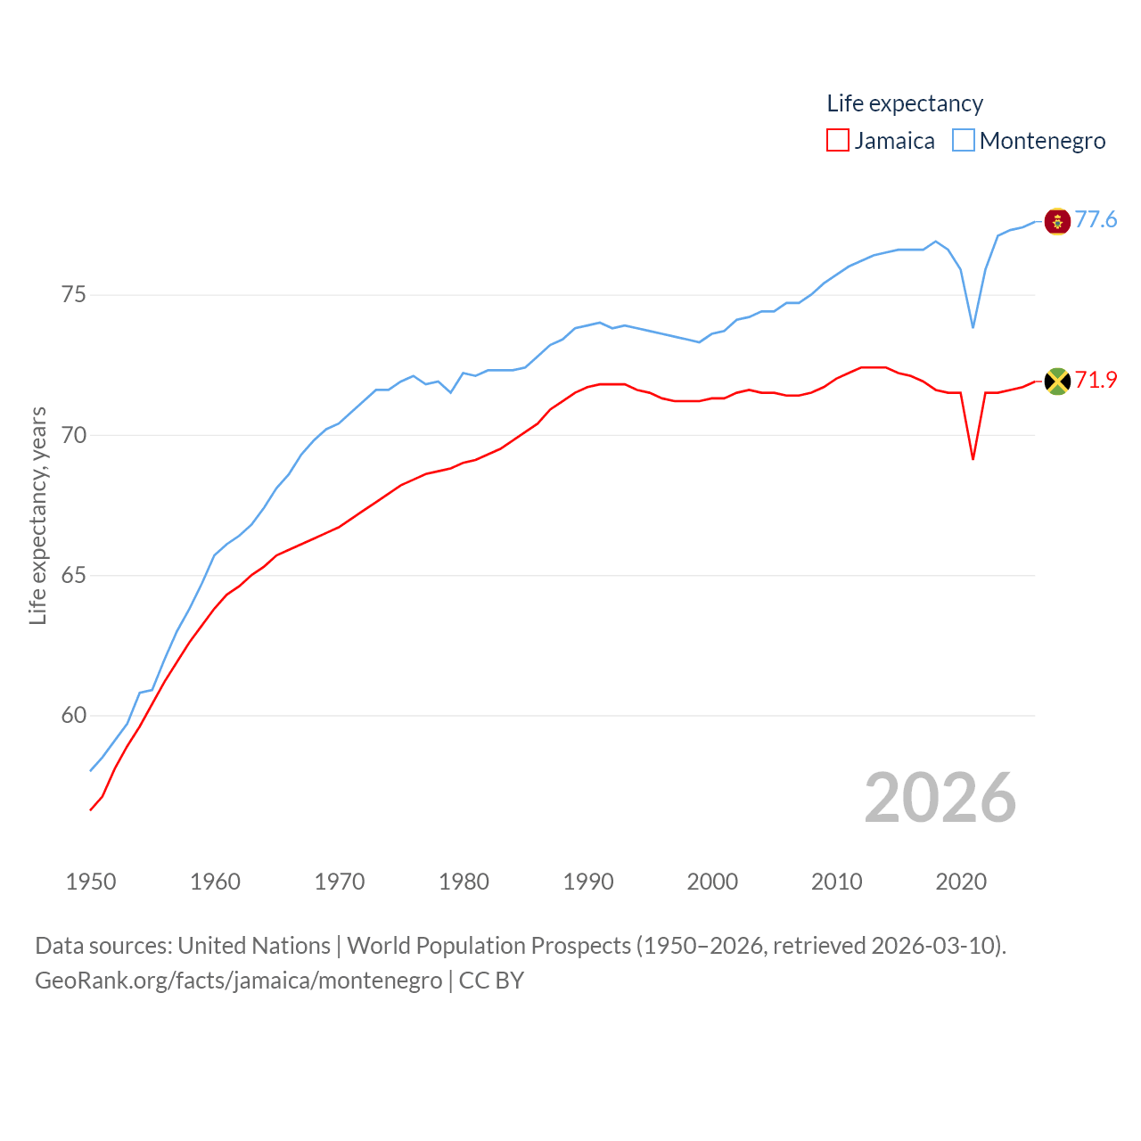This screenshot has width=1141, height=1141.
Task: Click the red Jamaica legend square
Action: [x=838, y=141]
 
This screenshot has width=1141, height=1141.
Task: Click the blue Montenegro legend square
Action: [x=964, y=141]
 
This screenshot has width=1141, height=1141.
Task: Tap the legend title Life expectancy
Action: [x=905, y=103]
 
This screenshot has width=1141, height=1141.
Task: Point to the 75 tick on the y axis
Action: [x=74, y=295]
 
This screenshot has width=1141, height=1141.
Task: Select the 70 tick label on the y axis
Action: [x=74, y=435]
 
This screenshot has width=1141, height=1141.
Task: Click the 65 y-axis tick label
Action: [x=74, y=575]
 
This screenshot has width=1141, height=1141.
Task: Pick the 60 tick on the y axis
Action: [x=74, y=715]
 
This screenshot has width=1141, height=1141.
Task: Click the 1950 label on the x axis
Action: [x=91, y=882]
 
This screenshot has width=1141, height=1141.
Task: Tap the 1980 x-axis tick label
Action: [x=464, y=882]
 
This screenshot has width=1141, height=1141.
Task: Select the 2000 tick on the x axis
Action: [x=712, y=882]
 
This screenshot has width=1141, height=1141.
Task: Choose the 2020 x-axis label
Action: [x=961, y=882]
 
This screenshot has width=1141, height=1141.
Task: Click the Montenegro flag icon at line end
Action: [x=1057, y=221]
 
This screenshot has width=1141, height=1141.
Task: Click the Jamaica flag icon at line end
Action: [x=1057, y=382]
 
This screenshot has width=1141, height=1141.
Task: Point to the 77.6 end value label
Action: [x=1096, y=220]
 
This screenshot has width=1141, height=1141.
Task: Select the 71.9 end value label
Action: [x=1096, y=381]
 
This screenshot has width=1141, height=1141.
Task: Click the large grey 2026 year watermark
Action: [x=940, y=798]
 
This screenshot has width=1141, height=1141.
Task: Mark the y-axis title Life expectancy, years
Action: [x=38, y=515]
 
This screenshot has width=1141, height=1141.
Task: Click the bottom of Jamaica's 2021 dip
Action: [x=973, y=458]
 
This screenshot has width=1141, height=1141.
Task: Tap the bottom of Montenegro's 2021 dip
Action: [x=973, y=327]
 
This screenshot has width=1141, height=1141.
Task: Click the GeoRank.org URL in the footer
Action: [x=238, y=981]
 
